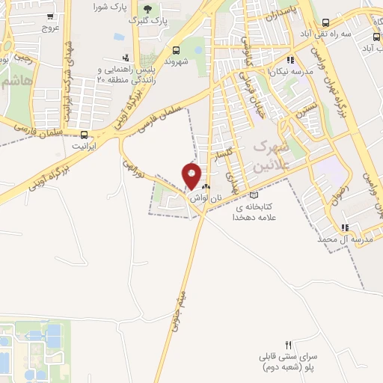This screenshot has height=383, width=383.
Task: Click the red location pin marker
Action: tap(192, 175)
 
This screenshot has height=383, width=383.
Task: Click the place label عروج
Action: tap(50, 27)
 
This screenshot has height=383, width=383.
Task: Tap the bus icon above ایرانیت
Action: tap(84, 135)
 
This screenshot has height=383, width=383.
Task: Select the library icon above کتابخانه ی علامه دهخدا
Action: tap(254, 196)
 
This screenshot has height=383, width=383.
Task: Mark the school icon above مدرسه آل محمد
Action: tap(345, 227)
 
